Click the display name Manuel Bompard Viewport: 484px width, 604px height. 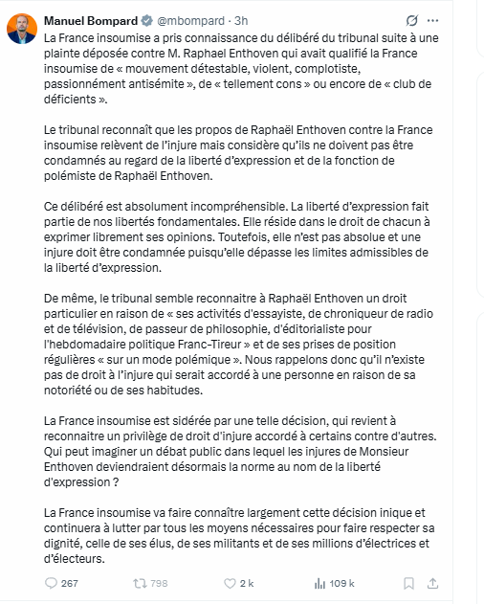tap(91, 18)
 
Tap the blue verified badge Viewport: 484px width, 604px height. tap(146, 18)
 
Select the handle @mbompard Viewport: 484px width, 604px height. tap(191, 18)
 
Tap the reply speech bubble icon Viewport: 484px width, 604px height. tap(52, 582)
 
